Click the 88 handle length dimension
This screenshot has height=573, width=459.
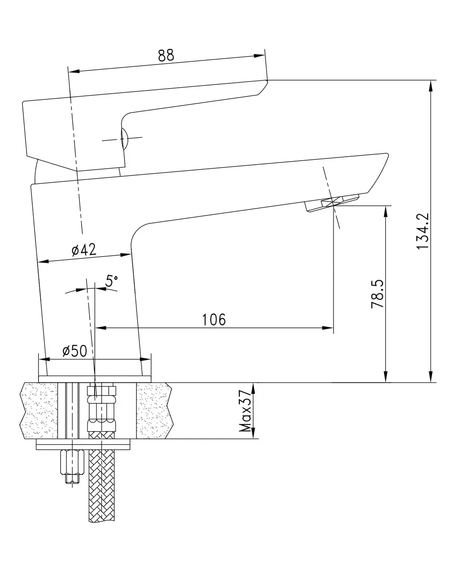tap(166, 56)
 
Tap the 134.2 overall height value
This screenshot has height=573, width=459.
tap(423, 231)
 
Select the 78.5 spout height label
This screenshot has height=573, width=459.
tap(377, 294)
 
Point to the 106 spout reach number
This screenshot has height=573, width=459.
tap(214, 320)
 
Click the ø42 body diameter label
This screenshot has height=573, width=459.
tap(84, 250)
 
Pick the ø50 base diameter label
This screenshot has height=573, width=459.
tap(75, 351)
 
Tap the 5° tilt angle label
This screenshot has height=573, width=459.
tap(112, 281)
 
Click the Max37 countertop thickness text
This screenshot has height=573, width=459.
tap(245, 411)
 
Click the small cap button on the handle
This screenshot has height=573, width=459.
tap(124, 139)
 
